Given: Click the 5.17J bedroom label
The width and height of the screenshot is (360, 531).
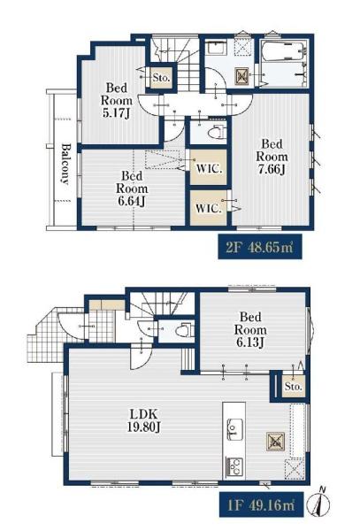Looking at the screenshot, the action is [117, 100].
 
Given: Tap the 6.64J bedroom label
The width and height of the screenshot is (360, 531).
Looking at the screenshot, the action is [132, 189].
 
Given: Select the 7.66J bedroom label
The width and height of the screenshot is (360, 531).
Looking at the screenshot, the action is [272, 157].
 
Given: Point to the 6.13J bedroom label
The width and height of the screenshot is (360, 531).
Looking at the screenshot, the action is [250, 330].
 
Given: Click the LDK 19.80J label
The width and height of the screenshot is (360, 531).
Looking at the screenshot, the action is [144, 420].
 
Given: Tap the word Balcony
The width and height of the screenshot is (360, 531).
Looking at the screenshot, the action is [65, 165].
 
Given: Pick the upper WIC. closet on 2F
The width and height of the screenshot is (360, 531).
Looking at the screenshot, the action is [209, 167].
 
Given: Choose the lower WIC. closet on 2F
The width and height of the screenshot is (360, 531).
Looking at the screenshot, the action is [209, 208].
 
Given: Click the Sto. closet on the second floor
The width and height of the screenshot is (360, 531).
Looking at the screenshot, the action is [161, 77].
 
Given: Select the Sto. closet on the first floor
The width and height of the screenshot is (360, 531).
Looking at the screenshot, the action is [294, 386].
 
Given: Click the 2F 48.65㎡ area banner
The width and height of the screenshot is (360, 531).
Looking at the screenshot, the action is [260, 247].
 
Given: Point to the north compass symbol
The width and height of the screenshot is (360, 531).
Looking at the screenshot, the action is [318, 504].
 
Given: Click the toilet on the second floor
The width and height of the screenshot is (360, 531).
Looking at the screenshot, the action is [217, 132].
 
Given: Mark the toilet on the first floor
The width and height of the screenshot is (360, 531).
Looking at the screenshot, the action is [184, 330].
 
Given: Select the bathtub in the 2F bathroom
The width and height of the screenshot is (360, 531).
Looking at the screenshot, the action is [284, 50].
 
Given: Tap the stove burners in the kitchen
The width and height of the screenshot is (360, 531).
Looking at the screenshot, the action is [234, 466].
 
